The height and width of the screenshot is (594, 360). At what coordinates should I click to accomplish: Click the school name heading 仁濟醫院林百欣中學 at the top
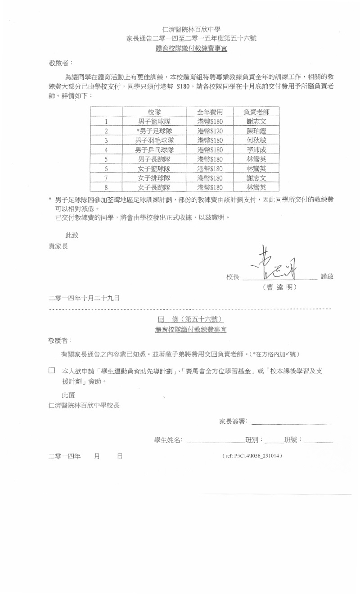(191, 30)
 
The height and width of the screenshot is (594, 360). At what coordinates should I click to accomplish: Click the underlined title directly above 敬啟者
(191, 48)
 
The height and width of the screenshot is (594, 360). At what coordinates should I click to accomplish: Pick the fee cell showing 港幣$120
(210, 131)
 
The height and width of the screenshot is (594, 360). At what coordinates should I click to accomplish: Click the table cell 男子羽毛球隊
(154, 141)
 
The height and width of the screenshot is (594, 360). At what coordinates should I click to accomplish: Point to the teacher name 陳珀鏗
(256, 131)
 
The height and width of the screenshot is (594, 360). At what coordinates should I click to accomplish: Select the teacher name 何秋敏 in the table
(256, 141)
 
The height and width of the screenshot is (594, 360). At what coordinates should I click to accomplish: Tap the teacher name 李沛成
(256, 150)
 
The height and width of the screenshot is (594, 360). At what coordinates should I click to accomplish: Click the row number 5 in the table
(106, 159)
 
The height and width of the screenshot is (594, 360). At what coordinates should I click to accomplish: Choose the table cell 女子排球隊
(154, 178)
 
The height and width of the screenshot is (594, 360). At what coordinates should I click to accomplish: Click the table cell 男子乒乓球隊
(154, 150)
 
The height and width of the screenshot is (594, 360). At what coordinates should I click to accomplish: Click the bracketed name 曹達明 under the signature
(279, 287)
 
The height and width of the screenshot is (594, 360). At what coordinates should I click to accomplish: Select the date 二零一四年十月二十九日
(84, 298)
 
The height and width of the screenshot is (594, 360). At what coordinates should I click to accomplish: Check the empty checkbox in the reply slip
(52, 371)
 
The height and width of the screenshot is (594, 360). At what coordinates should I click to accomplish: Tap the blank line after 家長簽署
(292, 422)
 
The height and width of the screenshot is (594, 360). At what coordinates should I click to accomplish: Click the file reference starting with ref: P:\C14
(252, 456)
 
